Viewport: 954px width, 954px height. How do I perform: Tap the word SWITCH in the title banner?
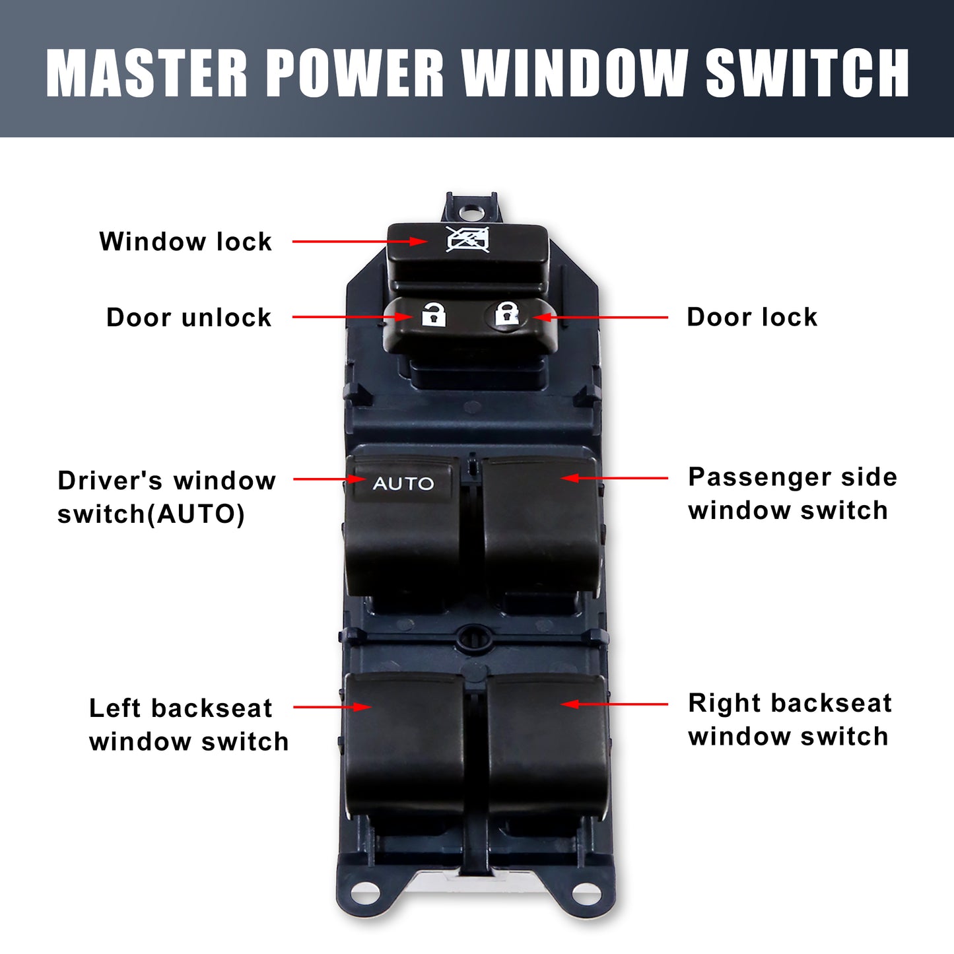click(807, 73)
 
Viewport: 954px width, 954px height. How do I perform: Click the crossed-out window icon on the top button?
click(468, 240)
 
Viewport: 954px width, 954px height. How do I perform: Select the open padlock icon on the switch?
click(434, 314)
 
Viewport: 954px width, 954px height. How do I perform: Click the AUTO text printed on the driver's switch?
click(403, 483)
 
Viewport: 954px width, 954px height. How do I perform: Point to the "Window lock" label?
click(186, 242)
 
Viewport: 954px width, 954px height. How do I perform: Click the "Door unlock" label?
click(189, 318)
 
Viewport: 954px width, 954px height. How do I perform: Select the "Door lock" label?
click(752, 317)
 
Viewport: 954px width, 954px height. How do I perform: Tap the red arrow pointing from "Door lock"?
click(600, 317)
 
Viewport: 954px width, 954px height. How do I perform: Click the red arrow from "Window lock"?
click(360, 242)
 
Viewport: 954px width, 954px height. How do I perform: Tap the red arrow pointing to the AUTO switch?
click(329, 479)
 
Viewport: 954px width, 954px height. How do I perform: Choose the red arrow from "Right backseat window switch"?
click(614, 704)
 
